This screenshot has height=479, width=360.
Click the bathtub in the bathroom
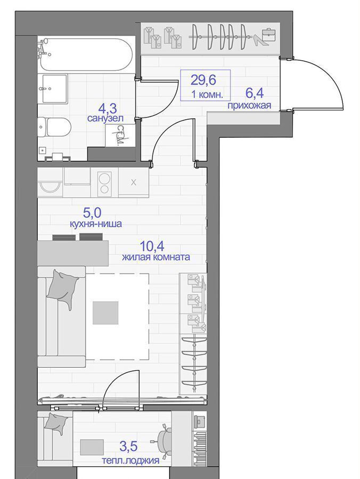86,55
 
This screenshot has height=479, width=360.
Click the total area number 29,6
203,80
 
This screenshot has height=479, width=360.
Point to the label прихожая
249,106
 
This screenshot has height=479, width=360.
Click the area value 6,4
255,94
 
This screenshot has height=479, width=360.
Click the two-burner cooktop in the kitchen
104,183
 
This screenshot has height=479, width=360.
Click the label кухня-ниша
96,224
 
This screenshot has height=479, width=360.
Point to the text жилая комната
156,257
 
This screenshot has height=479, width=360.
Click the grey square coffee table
105,312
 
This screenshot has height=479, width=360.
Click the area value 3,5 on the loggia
128,447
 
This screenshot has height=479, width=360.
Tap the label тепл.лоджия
130,460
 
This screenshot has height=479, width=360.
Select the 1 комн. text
207,94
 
